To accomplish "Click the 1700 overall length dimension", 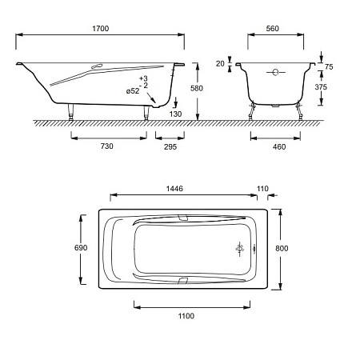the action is pyautogui.click(x=101, y=29).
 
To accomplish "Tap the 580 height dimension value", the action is pyautogui.click(x=197, y=88).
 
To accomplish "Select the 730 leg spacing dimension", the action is pyautogui.click(x=106, y=146).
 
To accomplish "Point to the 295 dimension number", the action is pyautogui.click(x=170, y=146).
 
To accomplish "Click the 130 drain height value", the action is pyautogui.click(x=175, y=114).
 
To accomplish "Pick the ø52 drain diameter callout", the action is pyautogui.click(x=133, y=91).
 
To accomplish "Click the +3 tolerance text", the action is pyautogui.click(x=143, y=78).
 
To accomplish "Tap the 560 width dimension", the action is pyautogui.click(x=272, y=29).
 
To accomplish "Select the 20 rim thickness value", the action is pyautogui.click(x=220, y=64).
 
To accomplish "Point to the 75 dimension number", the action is pyautogui.click(x=329, y=67).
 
